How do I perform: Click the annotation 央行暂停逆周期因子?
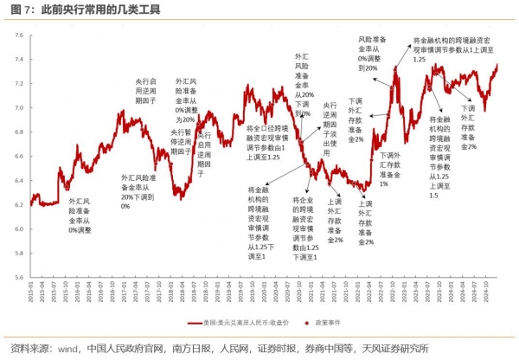[x=181, y=141]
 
